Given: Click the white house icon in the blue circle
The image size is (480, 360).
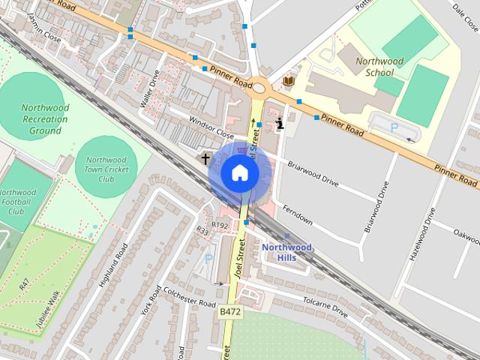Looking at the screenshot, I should [239, 172].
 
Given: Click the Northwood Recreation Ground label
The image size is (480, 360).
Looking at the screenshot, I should [45, 119].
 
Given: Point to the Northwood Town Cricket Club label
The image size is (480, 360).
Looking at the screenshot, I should [106, 169].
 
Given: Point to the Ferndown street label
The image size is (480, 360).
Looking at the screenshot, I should [298, 217].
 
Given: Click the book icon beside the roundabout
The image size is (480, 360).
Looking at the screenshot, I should [289, 80].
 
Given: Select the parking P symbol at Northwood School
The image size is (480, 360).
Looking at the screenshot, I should [394, 128].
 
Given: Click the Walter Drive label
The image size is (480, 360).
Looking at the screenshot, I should [150, 88].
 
